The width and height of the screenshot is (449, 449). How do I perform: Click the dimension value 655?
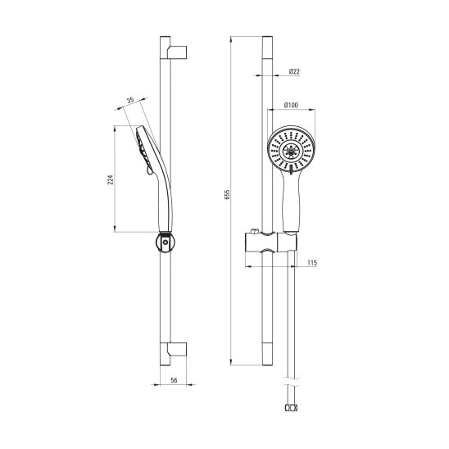[227, 194]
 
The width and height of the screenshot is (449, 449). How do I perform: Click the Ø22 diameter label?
[294, 71]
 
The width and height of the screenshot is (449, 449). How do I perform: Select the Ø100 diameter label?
[291, 105]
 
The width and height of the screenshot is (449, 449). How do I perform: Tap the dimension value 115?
[312, 262]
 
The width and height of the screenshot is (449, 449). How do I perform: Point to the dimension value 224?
[111, 179]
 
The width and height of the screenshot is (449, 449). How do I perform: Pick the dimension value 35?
[130, 100]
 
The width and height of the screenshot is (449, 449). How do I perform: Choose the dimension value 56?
[174, 380]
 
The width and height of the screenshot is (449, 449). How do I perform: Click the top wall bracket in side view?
[177, 52]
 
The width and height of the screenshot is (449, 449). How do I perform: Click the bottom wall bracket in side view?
[177, 349]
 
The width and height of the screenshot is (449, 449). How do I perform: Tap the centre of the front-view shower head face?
[291, 151]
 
